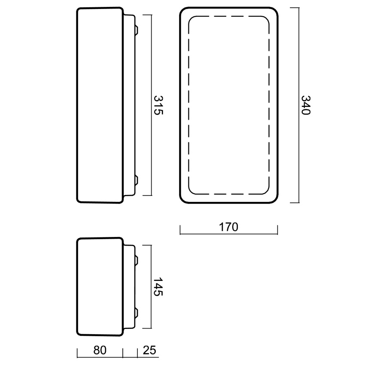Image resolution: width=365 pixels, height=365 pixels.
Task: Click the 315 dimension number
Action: tap(158, 105)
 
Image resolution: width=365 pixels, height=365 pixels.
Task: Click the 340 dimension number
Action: tap(306, 105)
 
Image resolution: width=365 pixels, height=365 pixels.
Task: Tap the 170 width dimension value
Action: tap(228, 227)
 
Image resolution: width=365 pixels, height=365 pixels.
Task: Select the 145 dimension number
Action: tap(158, 286)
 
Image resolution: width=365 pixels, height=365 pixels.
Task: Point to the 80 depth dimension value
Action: tap(100, 350)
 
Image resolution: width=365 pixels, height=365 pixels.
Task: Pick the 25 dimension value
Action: tap(149, 350)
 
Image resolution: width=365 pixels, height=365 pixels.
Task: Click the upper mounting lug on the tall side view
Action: tap(137, 30)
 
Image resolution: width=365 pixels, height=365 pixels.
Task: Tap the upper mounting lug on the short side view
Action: tap(137, 260)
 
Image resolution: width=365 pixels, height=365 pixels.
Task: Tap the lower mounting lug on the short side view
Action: tap(137, 313)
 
